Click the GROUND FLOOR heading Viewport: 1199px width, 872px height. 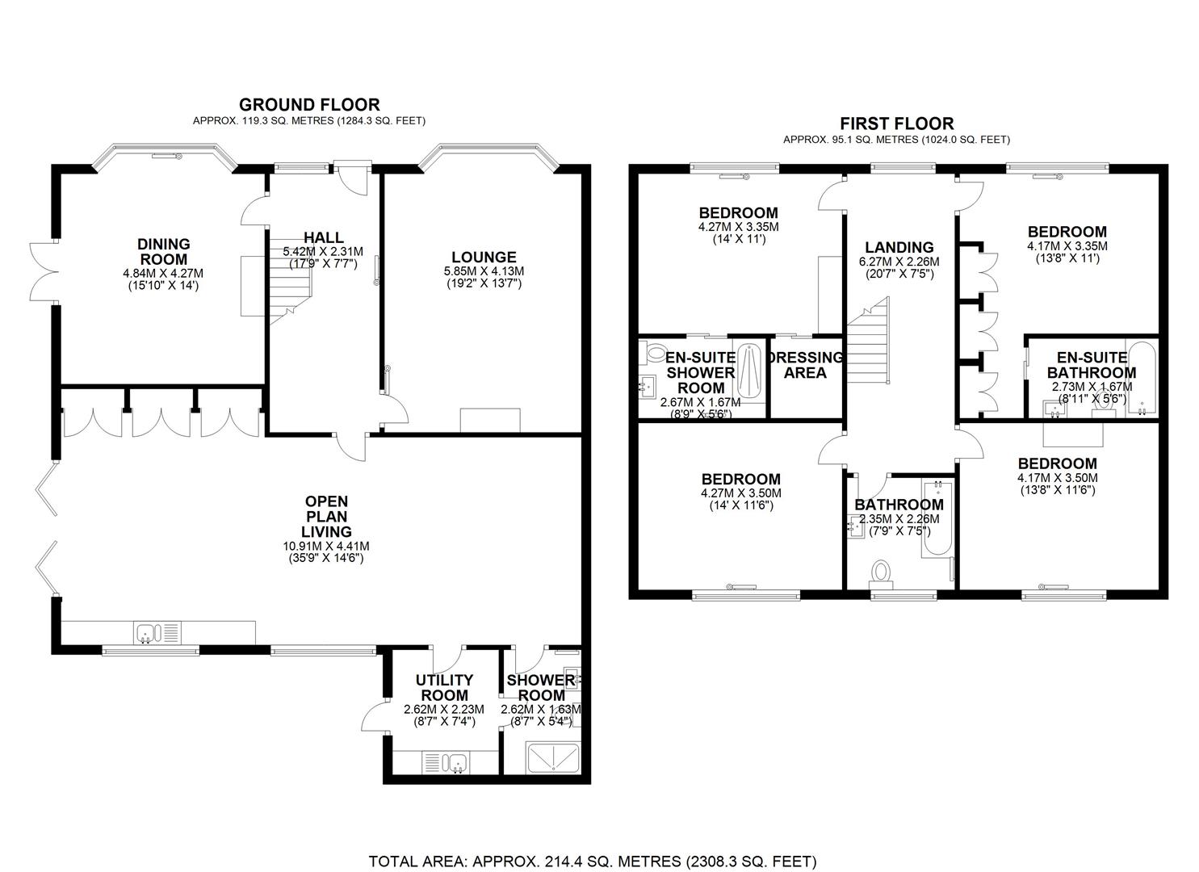click(309, 104)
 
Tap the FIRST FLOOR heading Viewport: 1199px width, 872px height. click(896, 124)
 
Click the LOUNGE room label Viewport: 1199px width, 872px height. click(484, 258)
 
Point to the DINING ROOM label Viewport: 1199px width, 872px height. click(163, 251)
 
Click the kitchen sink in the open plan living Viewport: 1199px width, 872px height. click(149, 632)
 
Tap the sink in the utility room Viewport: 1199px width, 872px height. click(457, 761)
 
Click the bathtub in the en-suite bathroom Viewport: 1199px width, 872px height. click(1142, 378)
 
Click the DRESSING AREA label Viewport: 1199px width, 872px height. click(805, 365)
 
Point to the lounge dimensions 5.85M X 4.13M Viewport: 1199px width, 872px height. click(484, 271)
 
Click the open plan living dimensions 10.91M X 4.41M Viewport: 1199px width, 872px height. click(326, 546)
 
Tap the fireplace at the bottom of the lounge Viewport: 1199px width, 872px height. click(490, 421)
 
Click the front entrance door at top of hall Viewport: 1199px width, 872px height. click(353, 177)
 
